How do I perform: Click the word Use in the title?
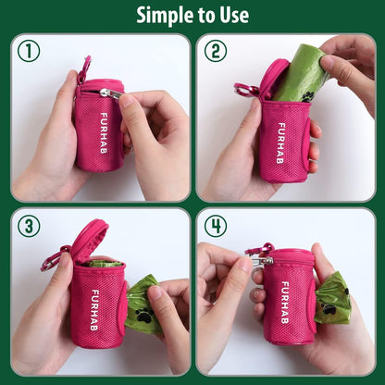point(230,15)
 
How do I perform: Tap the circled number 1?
point(29,51)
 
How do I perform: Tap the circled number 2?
point(215,51)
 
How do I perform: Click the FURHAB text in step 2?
point(281,139)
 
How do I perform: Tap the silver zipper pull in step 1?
point(110,93)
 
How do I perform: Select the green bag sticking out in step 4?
point(331,298)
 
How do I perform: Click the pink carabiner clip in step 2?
point(245,90)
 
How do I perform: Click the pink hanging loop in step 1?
point(84,68)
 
